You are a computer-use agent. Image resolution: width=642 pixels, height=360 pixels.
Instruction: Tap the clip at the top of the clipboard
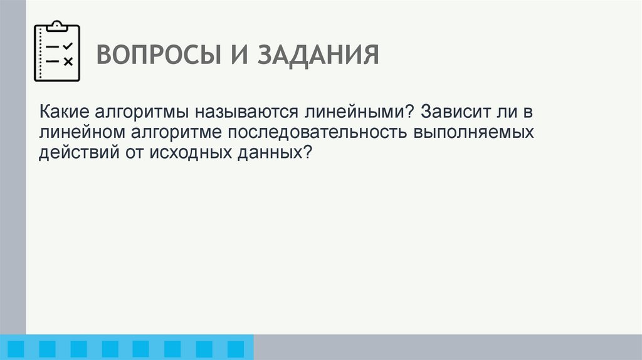click(x=57, y=26)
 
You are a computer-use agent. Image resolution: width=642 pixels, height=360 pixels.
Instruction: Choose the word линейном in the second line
click(x=83, y=132)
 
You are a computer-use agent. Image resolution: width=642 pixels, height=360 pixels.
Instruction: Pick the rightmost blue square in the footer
click(x=235, y=349)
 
